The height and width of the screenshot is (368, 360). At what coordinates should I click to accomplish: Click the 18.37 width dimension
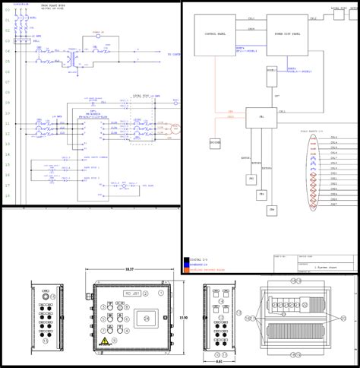click(129, 270)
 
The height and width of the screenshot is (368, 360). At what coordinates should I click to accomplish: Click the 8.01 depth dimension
click(220, 361)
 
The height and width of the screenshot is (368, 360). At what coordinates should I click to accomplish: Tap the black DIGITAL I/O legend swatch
click(187, 260)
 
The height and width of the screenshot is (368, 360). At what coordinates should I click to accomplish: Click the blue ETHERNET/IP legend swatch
click(187, 265)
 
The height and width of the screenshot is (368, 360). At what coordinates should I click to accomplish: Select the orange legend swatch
click(187, 269)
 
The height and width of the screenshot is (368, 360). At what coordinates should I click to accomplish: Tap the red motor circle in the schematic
click(176, 129)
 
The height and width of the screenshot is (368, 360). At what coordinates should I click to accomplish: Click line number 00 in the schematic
click(8, 11)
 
